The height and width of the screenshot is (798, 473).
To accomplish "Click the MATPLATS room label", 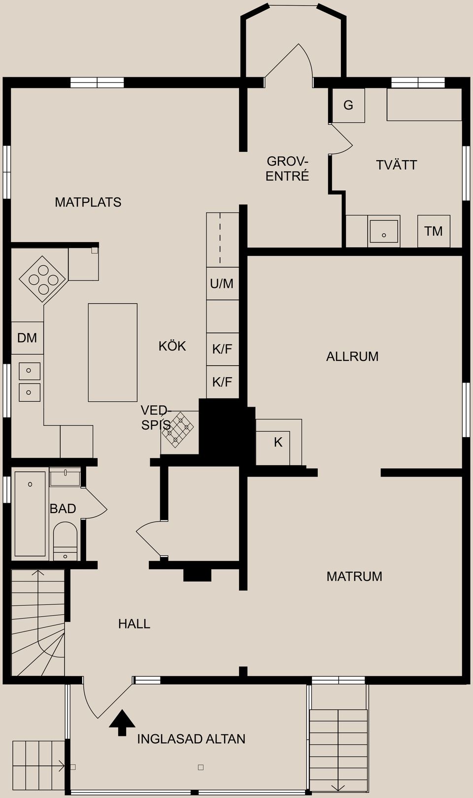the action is pos(88,203).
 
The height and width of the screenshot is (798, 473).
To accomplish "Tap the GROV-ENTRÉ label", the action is pos(287,169).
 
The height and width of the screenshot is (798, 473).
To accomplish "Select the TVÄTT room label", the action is pos(397,165).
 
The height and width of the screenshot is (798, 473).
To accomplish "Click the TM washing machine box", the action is pos(434,231).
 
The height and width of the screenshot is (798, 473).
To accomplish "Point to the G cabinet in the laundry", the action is pos(348,105).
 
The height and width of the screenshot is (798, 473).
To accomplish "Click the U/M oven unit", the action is pos(222,283).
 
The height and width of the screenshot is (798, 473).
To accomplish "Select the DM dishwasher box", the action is pos(28,338).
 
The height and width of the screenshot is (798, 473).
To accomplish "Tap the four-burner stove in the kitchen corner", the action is pos(43,279).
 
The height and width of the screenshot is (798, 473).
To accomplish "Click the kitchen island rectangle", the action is pos(112,352).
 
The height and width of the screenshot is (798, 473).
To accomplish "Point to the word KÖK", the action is pos(172,346).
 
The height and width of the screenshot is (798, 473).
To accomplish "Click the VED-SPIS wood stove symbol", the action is pos(178,430).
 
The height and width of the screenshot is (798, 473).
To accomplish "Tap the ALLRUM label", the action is pos(352,356).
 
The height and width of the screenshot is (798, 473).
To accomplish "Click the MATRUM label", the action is pos(354,576).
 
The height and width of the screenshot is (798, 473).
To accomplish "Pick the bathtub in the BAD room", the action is pos(30,514).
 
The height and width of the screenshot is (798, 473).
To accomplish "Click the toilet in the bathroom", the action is pos(65,541).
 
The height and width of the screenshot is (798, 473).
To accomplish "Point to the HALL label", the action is pos(135,624).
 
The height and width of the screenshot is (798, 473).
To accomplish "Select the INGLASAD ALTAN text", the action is pos(191,739).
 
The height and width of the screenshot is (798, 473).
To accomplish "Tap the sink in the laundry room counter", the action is pos(384,231).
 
